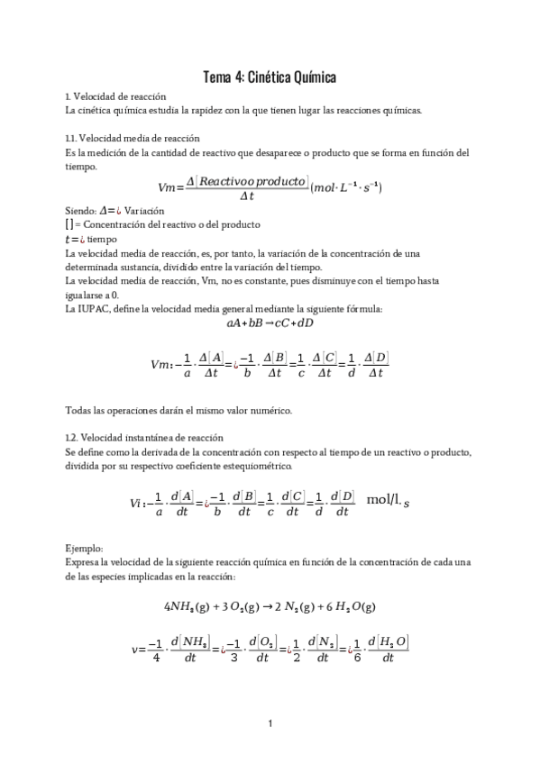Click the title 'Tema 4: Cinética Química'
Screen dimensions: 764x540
click(x=270, y=78)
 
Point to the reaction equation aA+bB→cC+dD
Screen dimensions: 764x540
click(x=270, y=323)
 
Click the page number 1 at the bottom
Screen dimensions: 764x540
click(x=270, y=722)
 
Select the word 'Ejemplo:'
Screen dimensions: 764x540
click(x=84, y=547)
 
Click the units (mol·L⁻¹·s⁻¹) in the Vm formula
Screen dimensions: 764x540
click(x=346, y=187)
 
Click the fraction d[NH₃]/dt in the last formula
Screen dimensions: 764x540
click(x=191, y=649)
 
